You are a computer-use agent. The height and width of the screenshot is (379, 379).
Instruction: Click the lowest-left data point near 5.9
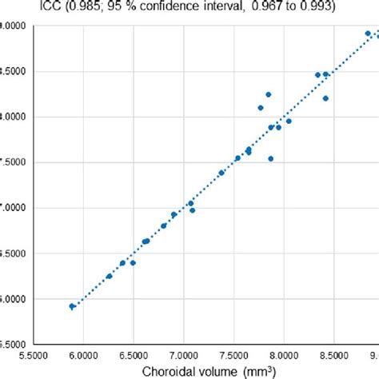tap(72, 306)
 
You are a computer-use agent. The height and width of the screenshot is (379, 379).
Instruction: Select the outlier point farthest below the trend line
tap(271, 158)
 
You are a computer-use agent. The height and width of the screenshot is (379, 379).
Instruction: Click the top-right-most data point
tap(368, 34)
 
